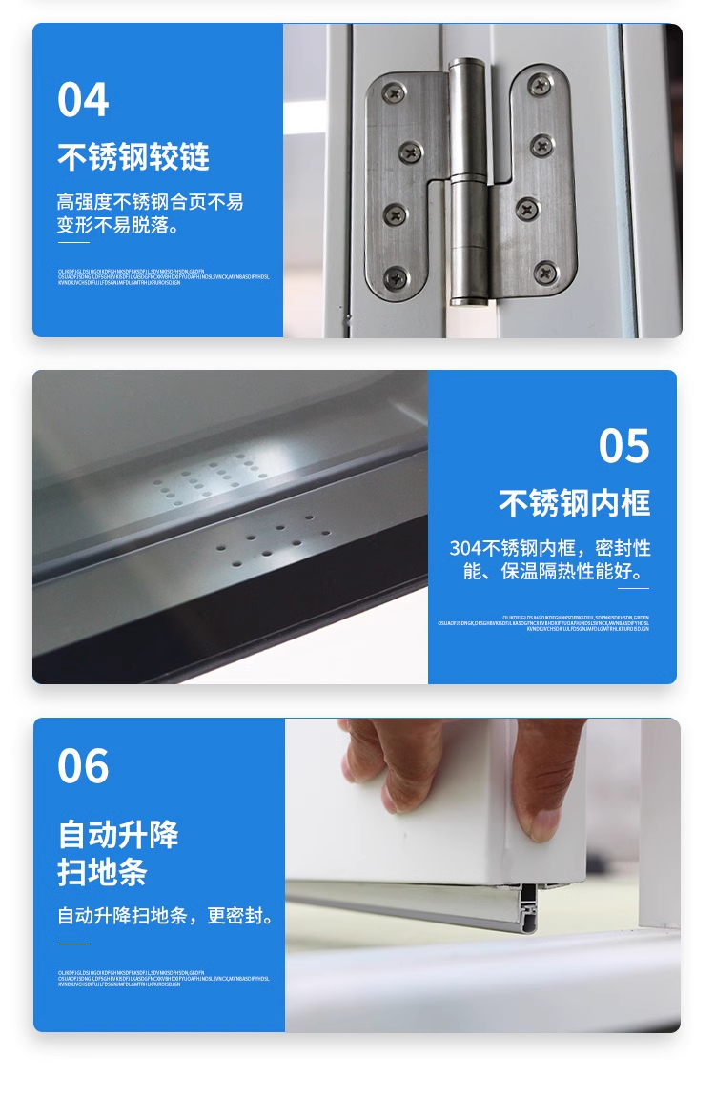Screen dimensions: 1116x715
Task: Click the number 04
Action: (83, 100)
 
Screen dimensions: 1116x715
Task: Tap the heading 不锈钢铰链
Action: (133, 157)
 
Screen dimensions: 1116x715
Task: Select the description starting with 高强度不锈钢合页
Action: (150, 214)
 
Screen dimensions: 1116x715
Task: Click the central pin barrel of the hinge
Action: (468, 181)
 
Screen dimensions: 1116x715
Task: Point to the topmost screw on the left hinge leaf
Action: (395, 92)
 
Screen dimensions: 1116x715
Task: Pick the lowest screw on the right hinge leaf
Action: (544, 273)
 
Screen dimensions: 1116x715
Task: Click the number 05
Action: (623, 446)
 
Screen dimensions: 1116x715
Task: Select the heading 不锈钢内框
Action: (574, 503)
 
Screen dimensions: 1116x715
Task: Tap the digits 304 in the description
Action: (465, 549)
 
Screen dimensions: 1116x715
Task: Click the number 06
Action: (83, 767)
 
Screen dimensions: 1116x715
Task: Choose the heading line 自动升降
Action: (118, 835)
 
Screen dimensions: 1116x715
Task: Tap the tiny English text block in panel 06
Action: (163, 979)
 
